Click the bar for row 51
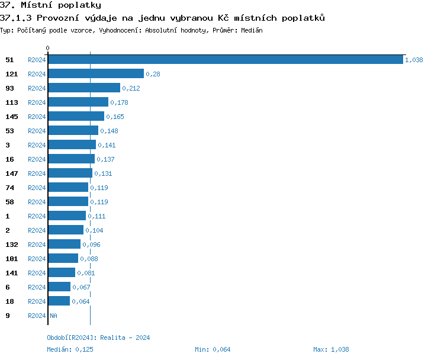click(225, 59)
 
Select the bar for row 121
click(96, 73)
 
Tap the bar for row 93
click(84, 88)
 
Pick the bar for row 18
click(59, 301)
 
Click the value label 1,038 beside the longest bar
click(414, 60)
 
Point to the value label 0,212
click(131, 88)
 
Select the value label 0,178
click(119, 102)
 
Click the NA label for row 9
click(53, 316)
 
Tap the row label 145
click(12, 117)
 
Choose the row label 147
click(12, 173)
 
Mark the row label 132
click(12, 245)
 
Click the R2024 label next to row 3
click(37, 145)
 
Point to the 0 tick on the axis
click(48, 48)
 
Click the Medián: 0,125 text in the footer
click(70, 349)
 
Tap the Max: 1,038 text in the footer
click(331, 349)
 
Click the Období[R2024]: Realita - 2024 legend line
click(98, 337)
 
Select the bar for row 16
click(71, 159)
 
